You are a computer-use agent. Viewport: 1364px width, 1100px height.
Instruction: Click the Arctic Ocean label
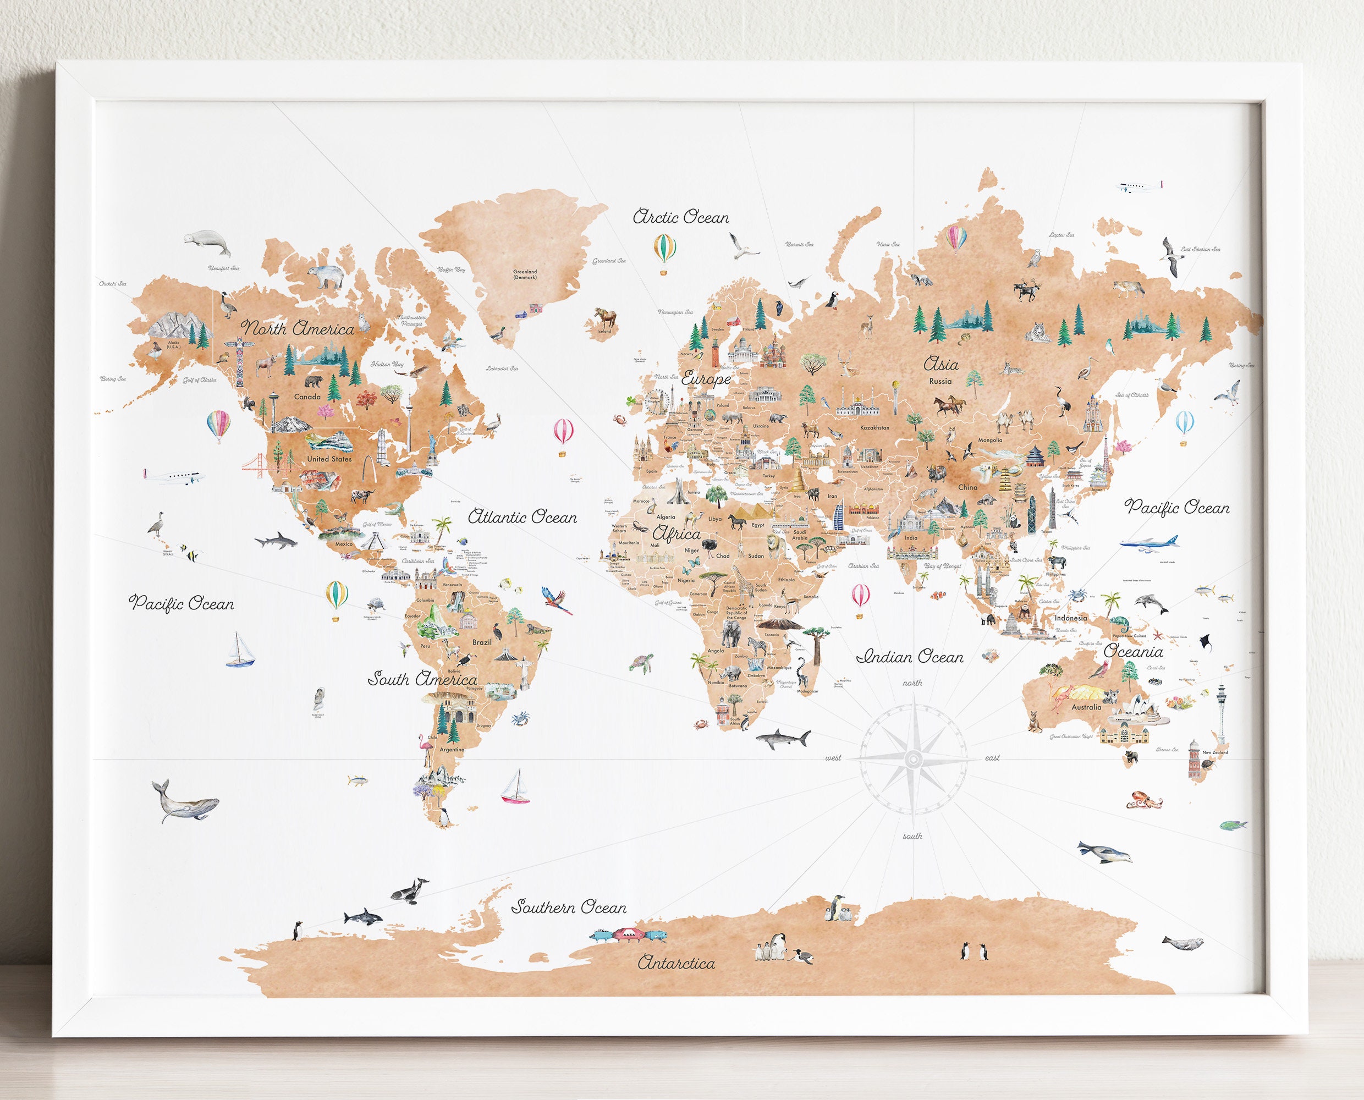coord(681,217)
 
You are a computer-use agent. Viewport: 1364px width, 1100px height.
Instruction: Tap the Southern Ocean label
coord(569,907)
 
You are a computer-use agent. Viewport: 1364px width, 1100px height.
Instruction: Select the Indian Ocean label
coord(910,657)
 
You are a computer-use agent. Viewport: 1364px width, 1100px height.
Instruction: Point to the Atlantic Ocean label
coord(522,517)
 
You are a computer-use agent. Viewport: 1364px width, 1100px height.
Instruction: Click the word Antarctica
coord(676,963)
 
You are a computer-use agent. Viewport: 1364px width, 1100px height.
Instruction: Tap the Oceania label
coord(1134,651)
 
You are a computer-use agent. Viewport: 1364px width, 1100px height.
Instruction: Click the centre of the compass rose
coord(912,758)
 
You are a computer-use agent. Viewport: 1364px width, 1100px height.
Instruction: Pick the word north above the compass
coord(912,683)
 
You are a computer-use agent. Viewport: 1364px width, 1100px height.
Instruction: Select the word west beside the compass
coord(833,758)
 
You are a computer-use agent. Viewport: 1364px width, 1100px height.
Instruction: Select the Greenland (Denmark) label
coord(525,274)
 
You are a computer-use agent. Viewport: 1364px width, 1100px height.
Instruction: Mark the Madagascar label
coord(808,691)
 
